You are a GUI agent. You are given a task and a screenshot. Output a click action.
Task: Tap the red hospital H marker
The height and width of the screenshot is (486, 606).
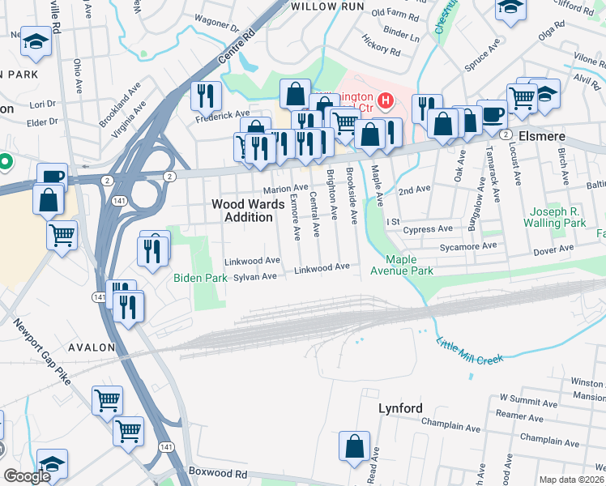[x=386, y=102]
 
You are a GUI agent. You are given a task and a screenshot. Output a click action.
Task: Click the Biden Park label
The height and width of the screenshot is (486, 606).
[x=199, y=277]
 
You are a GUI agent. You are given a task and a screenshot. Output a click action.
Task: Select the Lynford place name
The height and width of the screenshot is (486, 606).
[x=400, y=408]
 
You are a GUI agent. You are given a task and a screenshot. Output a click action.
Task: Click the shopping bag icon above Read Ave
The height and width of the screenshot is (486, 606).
[x=354, y=446]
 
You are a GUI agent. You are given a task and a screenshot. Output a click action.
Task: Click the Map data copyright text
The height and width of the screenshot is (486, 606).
[x=572, y=480]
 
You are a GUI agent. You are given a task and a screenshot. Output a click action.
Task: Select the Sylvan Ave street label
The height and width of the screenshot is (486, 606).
[x=255, y=276]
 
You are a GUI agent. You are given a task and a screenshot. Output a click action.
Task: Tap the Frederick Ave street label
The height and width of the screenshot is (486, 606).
[x=222, y=115]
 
